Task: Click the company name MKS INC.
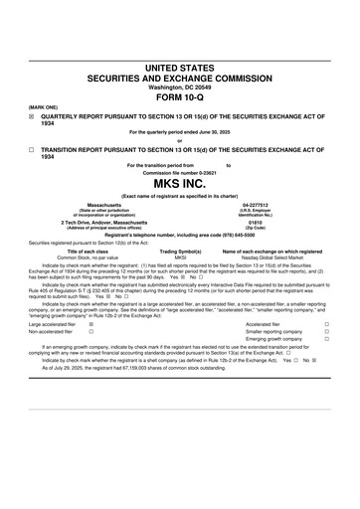(179, 156)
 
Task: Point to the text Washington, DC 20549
(179, 86)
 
